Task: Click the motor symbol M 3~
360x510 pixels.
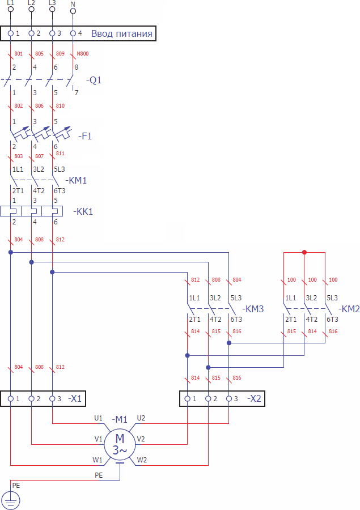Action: tap(120, 444)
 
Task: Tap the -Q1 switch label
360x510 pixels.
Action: tap(94, 80)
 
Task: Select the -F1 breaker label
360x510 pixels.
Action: tap(86, 136)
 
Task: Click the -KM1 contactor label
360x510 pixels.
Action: tap(77, 180)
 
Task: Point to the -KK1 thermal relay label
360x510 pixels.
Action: tap(83, 211)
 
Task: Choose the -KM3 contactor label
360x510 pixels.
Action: tap(253, 309)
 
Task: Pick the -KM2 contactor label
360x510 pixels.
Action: tap(349, 309)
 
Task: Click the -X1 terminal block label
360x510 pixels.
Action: tap(75, 398)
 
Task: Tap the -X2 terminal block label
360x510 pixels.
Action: tap(253, 398)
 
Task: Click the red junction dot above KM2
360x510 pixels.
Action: tap(304, 252)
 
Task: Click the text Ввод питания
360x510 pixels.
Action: tap(122, 33)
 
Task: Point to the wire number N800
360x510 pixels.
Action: tap(83, 54)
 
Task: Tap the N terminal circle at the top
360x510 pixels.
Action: tap(73, 11)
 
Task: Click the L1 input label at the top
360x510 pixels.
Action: tap(10, 3)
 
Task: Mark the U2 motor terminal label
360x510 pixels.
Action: tap(141, 418)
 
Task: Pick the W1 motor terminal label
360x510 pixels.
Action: tap(98, 460)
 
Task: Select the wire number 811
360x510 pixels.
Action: tap(61, 154)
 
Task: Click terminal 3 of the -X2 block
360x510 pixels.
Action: tap(228, 398)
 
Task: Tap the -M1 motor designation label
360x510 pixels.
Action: tap(120, 419)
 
